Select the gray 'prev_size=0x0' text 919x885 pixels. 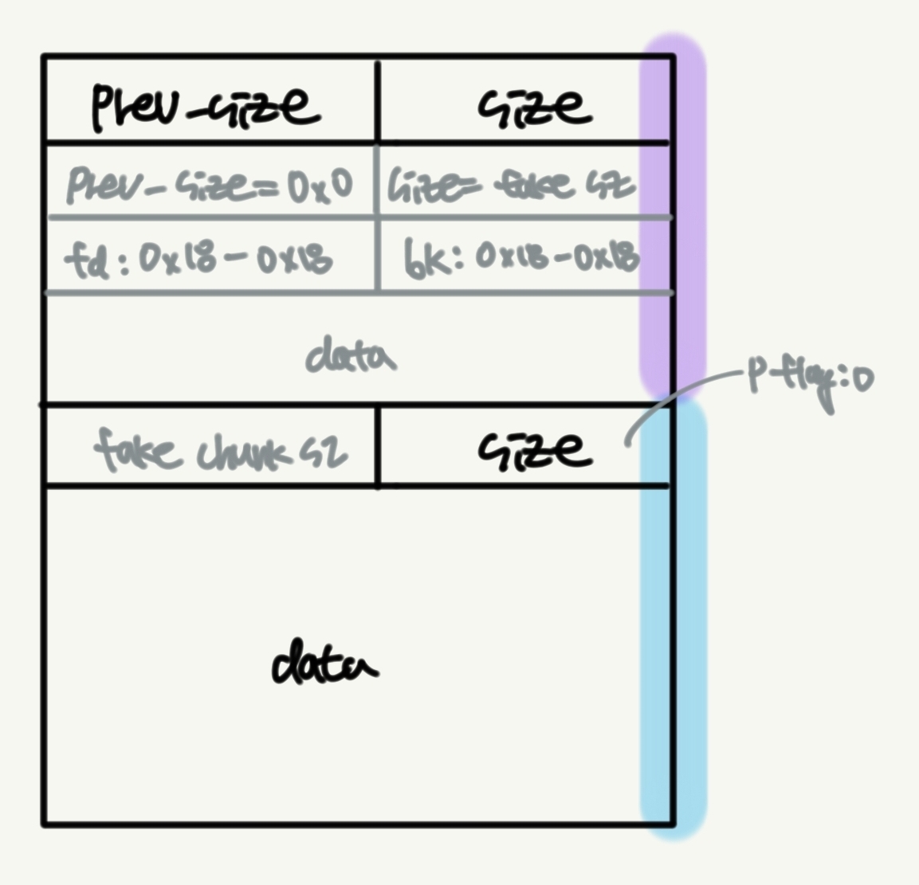[209, 185]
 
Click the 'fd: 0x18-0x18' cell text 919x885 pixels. [198, 259]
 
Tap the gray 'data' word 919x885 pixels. [351, 355]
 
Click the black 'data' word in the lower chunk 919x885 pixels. [324, 663]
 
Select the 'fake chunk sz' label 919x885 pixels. [220, 450]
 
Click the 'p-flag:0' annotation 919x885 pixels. [809, 381]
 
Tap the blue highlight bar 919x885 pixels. [674, 621]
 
